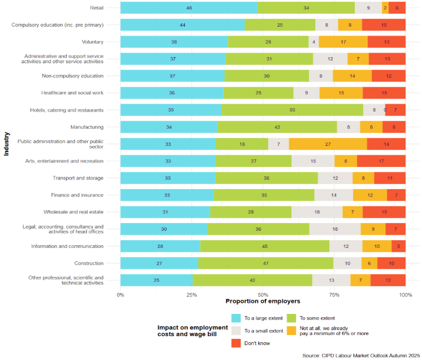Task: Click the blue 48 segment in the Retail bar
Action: (189, 8)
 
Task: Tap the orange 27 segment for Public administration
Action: (328, 144)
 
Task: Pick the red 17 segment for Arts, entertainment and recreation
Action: (381, 161)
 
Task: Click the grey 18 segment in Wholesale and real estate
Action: (317, 212)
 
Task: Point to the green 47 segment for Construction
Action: (265, 263)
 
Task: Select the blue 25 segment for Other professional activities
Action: (157, 280)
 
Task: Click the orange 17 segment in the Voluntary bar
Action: (343, 42)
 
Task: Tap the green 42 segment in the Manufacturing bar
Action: (277, 127)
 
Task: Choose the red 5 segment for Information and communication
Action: (398, 246)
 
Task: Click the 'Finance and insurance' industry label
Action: (78, 195)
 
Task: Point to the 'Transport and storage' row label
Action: (78, 178)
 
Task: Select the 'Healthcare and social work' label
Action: (72, 93)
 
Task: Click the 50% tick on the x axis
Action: (263, 295)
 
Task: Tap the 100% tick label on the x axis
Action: (405, 295)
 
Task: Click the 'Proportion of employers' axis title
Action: (263, 301)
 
